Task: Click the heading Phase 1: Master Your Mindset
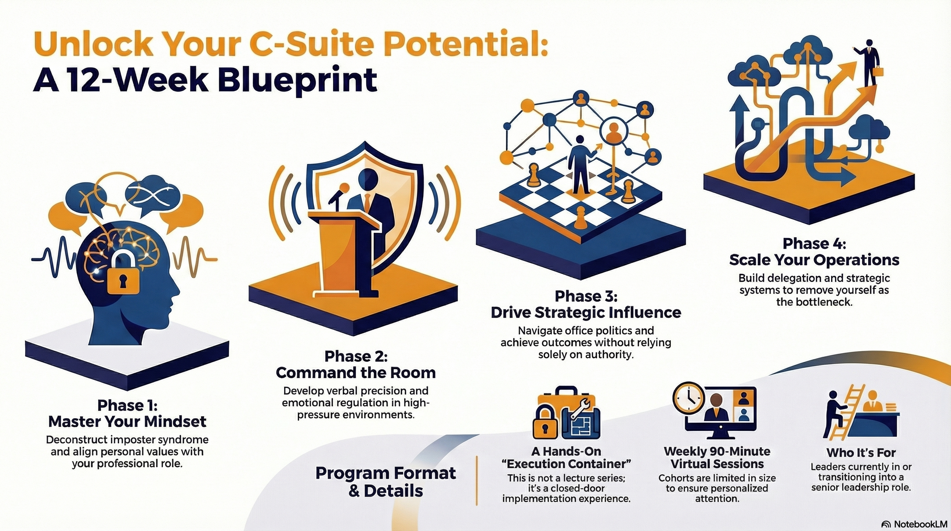tap(128, 413)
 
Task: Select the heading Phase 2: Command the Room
tap(356, 364)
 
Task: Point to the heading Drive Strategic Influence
tap(586, 313)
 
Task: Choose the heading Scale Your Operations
tap(814, 260)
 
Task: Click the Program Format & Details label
tap(386, 482)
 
